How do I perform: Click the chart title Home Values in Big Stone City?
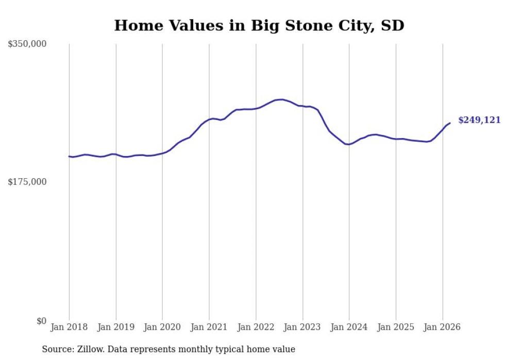coord(259,25)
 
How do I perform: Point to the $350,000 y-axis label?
coord(27,44)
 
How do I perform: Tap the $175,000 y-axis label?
coord(27,182)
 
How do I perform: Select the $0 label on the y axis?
coord(41,321)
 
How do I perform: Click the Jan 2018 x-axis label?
coord(69,327)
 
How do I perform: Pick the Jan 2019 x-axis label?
coord(116,327)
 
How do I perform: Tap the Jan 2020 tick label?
coord(162,327)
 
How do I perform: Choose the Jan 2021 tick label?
coord(209,327)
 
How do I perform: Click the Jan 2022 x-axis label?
coord(256,327)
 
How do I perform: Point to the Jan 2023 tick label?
coord(302,327)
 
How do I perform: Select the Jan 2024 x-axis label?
coord(349,327)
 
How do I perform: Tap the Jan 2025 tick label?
coord(396,327)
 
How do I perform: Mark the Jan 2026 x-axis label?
coord(442,327)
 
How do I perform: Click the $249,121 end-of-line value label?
coord(479,120)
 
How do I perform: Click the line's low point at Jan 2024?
coord(348,144)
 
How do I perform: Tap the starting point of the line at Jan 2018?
coord(69,156)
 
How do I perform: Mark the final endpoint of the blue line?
coord(450,123)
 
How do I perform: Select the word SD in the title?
coord(392,25)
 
